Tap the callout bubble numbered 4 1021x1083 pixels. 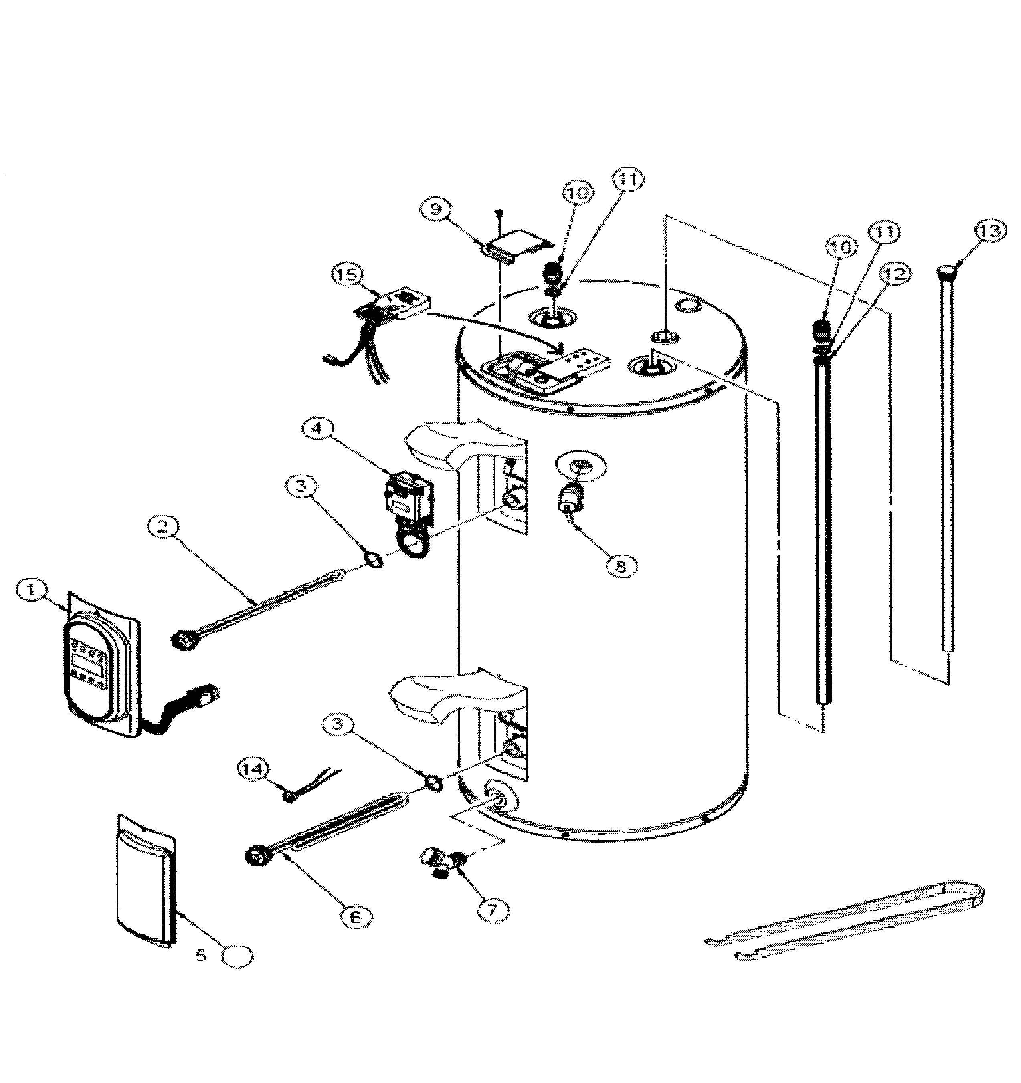coord(317,429)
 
